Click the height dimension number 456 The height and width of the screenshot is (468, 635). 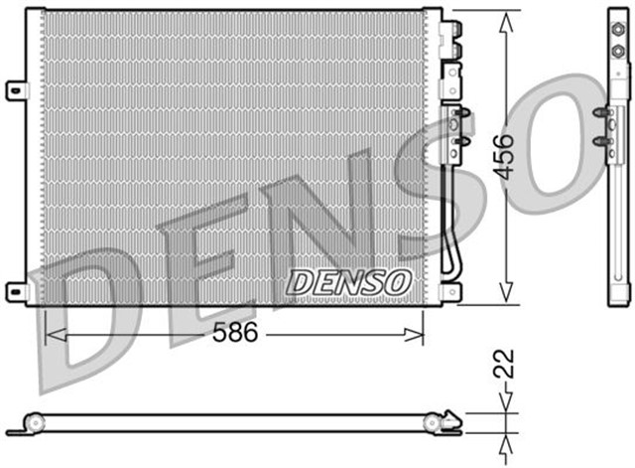pos(505,156)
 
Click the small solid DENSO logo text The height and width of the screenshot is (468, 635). pos(348,282)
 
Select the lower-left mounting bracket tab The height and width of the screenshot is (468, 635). pos(16,290)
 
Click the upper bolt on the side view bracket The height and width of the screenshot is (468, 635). pos(600,115)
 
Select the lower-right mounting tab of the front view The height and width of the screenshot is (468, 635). pos(451,291)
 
